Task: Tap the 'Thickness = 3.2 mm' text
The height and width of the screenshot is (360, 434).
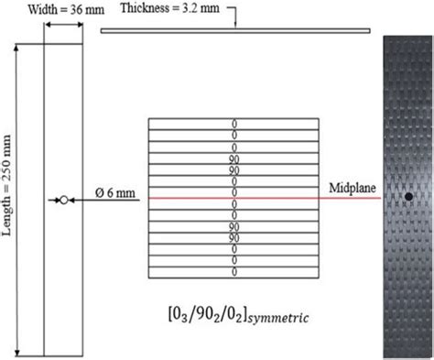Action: (172, 10)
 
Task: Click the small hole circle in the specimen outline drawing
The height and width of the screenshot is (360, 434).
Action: (63, 199)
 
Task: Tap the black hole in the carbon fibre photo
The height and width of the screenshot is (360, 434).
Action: (406, 196)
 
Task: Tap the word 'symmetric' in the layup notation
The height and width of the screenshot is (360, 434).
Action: (271, 317)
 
